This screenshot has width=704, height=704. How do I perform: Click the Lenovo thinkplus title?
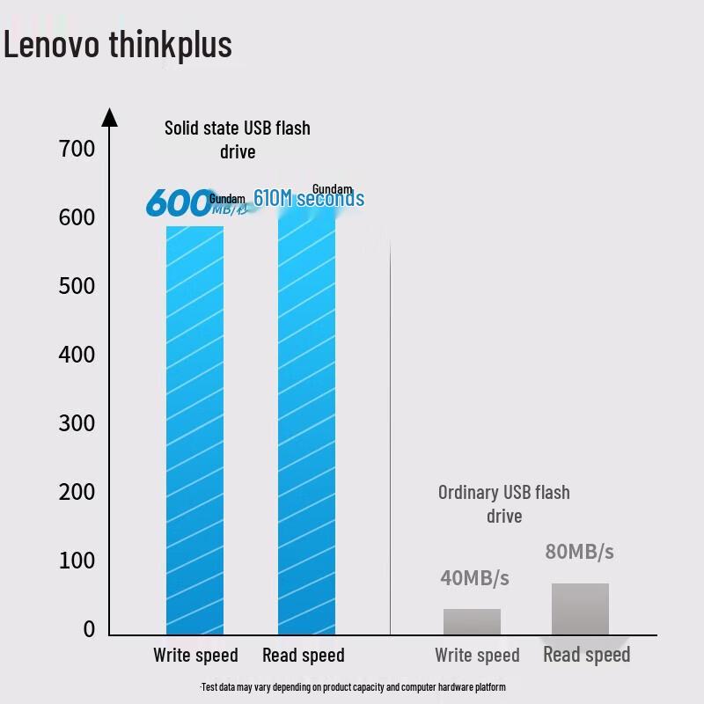click(118, 44)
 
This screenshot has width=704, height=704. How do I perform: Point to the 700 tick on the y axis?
click(77, 149)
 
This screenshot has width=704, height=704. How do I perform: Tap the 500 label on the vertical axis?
click(77, 286)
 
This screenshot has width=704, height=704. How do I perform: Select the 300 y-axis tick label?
click(77, 423)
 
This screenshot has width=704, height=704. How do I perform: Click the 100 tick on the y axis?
click(77, 561)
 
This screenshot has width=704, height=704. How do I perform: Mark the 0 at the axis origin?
click(89, 629)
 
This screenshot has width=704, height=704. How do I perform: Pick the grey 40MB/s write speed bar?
click(472, 621)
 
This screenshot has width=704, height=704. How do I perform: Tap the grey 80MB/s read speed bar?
click(580, 608)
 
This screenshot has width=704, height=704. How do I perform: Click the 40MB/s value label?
click(474, 578)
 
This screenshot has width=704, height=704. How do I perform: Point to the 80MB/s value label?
click(579, 552)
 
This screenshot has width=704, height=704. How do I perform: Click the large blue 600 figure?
click(179, 202)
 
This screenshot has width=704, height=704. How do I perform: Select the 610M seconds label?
click(309, 199)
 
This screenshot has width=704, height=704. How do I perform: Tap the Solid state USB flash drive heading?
click(238, 139)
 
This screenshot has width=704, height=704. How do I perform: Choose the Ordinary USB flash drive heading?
click(504, 503)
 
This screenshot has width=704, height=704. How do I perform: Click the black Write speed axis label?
click(195, 656)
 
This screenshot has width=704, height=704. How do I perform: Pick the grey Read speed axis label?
click(586, 655)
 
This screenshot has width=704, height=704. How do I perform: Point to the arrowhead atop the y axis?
click(110, 116)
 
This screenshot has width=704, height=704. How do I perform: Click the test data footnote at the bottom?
click(353, 686)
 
